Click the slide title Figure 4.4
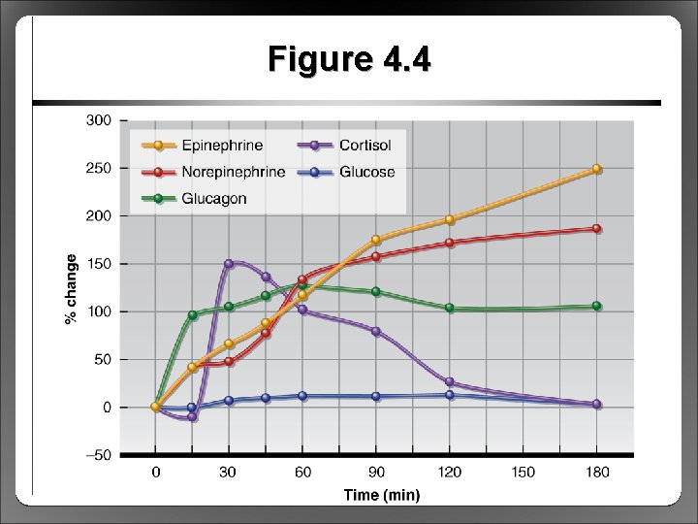point(350,60)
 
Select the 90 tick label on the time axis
point(376,473)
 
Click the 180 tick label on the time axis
point(596,473)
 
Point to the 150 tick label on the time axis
point(523,473)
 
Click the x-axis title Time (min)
point(382,495)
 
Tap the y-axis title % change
point(71,288)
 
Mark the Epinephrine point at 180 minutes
point(596,169)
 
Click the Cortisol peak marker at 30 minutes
point(229,263)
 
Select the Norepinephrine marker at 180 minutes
point(596,229)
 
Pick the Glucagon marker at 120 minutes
point(449,308)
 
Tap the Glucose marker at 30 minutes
point(229,400)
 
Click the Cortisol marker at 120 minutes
point(449,382)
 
